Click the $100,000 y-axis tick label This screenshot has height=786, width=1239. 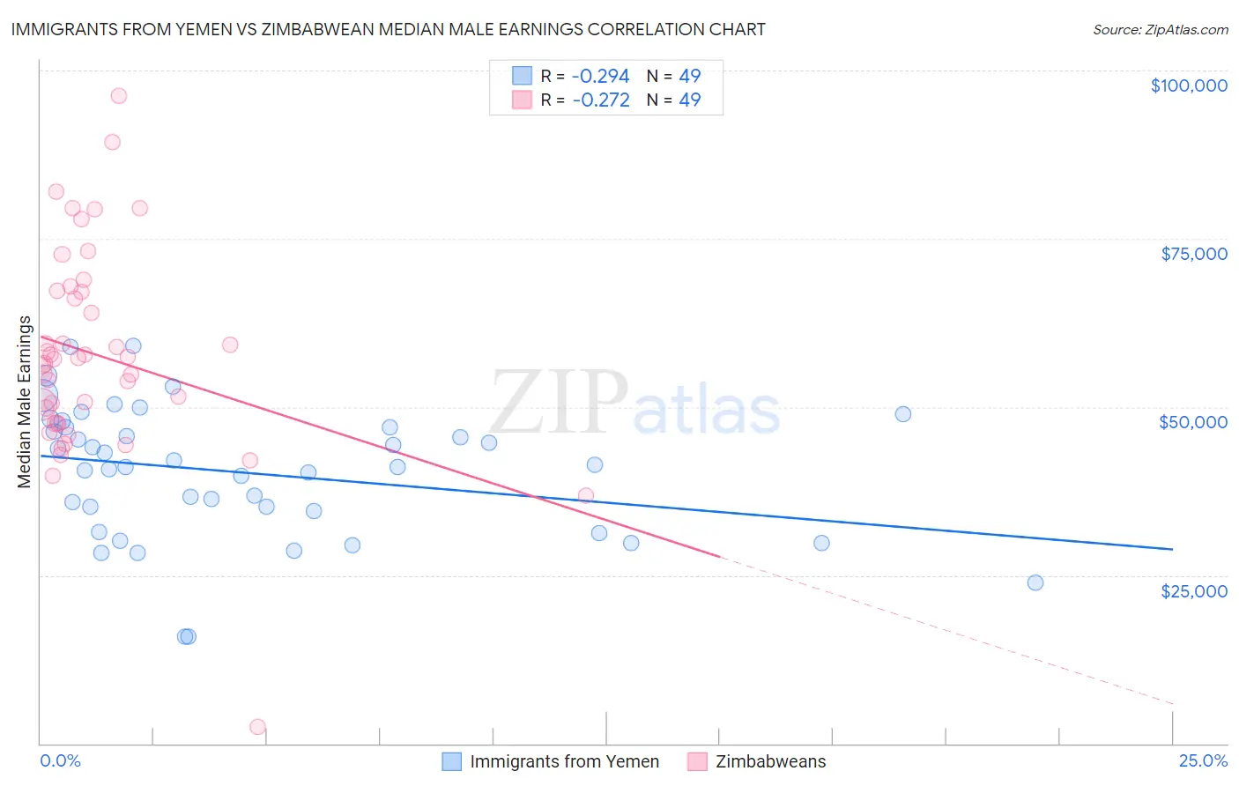[x=1189, y=85]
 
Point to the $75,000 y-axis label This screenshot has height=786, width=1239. [x=1194, y=254]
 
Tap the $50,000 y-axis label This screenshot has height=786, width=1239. [x=1192, y=422]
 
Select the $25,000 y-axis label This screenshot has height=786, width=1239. [x=1193, y=591]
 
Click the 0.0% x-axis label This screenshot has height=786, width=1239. [x=60, y=761]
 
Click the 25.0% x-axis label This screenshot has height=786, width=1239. [x=1203, y=761]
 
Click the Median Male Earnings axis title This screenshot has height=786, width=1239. [x=25, y=401]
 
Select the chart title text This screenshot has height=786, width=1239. [x=388, y=29]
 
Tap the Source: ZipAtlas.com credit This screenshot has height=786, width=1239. [x=1160, y=29]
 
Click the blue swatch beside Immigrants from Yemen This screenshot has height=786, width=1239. [x=452, y=761]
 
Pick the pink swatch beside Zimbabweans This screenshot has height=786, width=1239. [x=697, y=761]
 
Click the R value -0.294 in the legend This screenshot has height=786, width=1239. [x=601, y=76]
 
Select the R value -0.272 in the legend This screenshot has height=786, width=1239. [x=601, y=100]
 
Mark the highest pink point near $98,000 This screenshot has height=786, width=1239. [x=119, y=96]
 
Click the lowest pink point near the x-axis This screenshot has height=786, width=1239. [x=257, y=727]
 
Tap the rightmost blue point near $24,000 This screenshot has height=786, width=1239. [x=1035, y=582]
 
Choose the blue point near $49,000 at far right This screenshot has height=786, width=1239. [x=903, y=414]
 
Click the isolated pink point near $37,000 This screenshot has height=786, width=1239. [x=586, y=495]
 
